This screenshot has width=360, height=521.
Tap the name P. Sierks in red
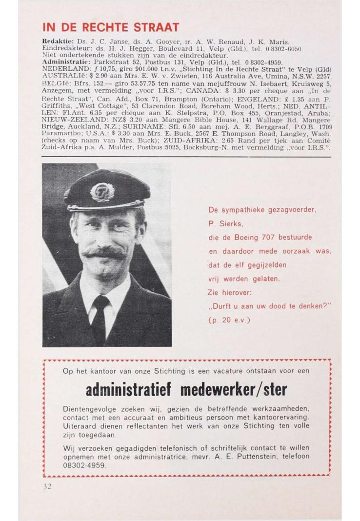(x=225, y=224)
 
